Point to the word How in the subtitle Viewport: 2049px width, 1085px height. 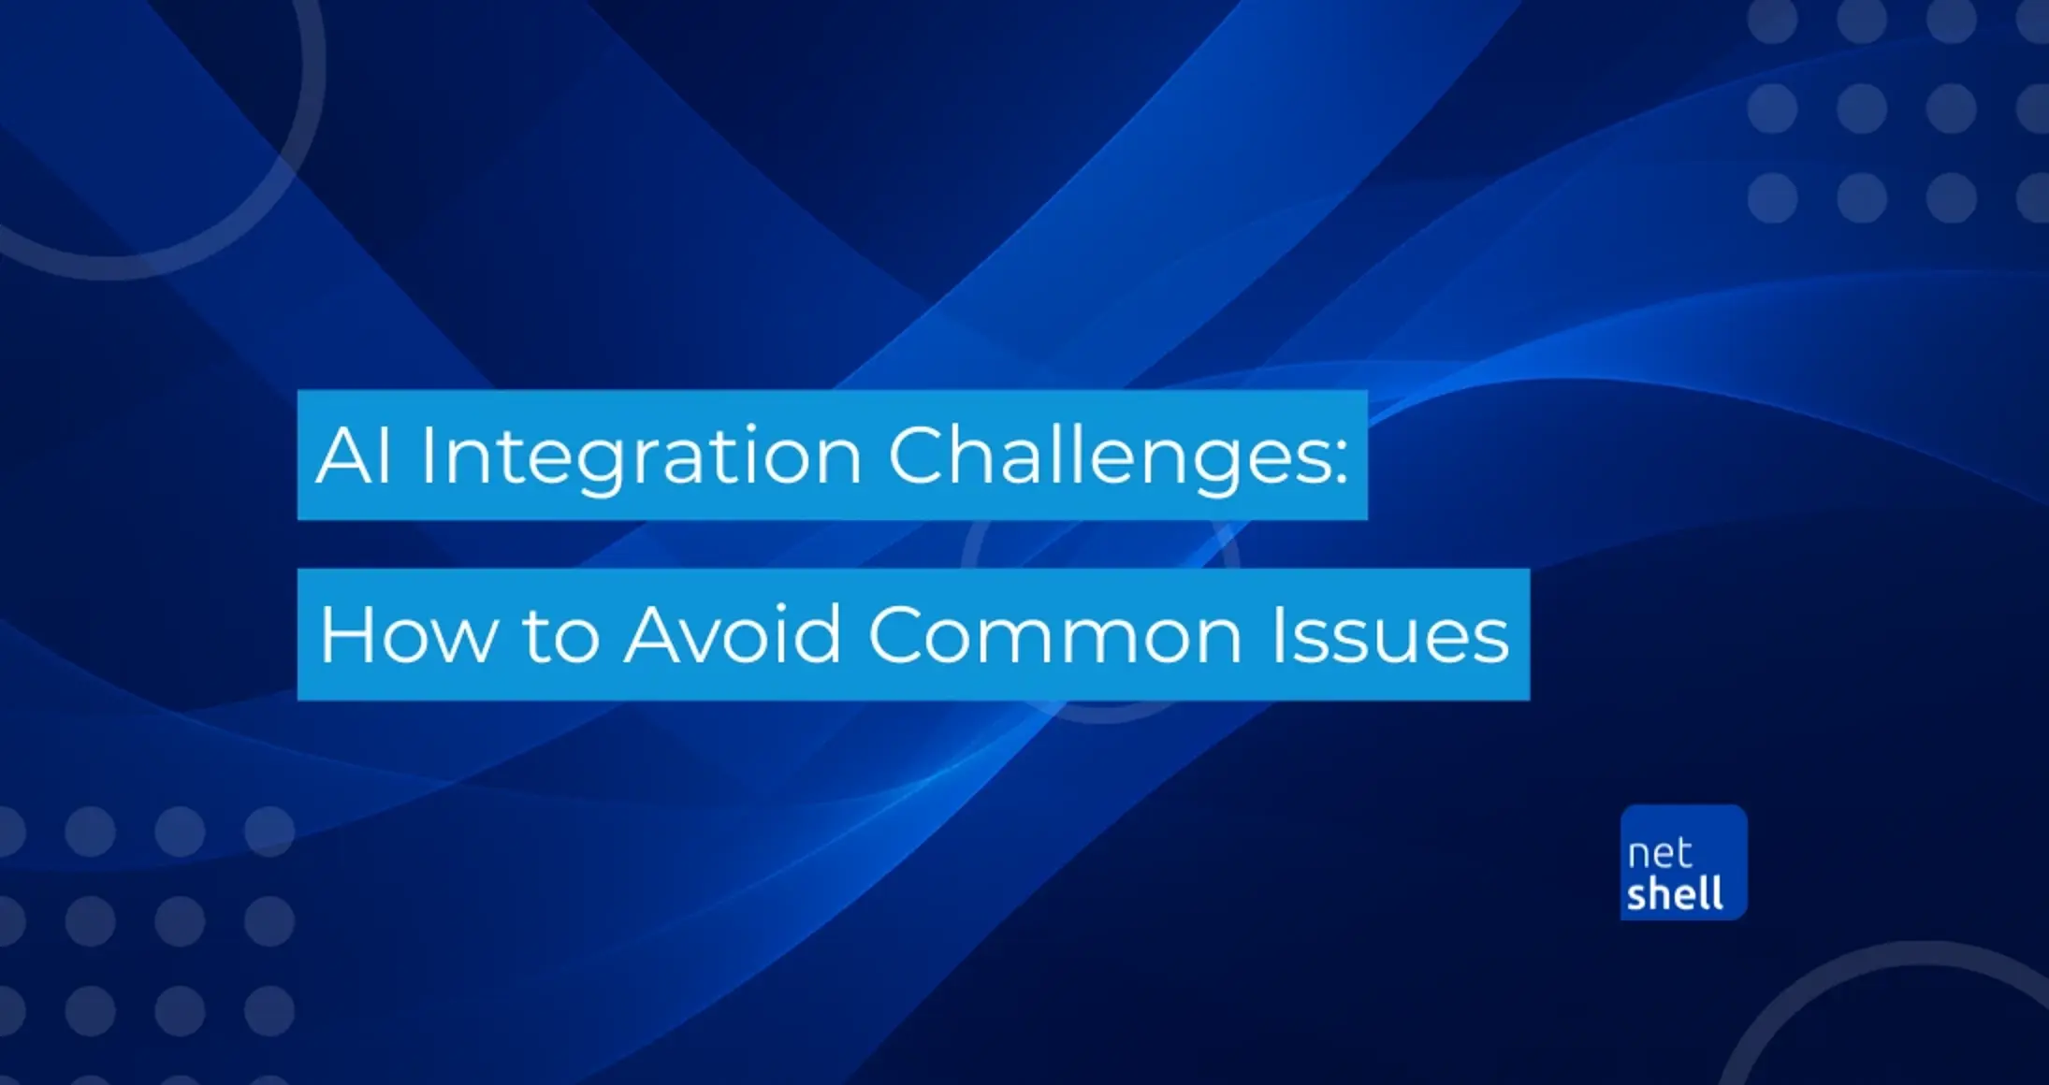click(407, 635)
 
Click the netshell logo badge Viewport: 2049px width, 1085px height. click(1684, 862)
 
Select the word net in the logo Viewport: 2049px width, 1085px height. click(1659, 854)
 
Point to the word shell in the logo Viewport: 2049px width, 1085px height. click(1675, 893)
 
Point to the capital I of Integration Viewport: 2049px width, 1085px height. click(426, 456)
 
